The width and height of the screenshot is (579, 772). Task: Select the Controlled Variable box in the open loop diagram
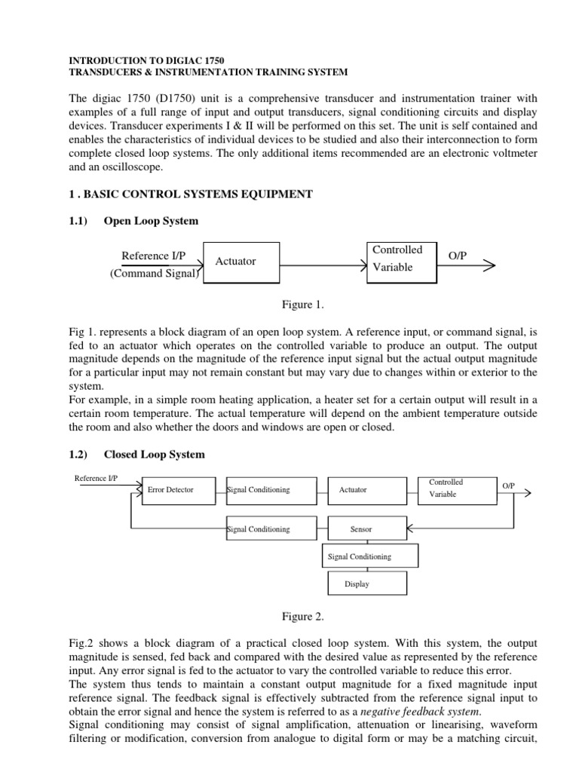coord(401,262)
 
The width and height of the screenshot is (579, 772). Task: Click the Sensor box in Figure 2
coord(361,529)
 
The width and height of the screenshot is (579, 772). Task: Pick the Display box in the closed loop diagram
coord(357,584)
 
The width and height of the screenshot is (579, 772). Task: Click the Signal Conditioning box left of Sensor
coord(269,529)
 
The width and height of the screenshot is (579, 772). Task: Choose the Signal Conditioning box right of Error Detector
coord(269,490)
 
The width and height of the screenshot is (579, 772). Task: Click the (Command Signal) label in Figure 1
coord(153,274)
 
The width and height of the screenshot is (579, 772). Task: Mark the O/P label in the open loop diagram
coord(458,256)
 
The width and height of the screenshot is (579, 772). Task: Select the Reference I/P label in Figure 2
coord(96,478)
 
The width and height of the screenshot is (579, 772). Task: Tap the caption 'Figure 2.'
coord(302,617)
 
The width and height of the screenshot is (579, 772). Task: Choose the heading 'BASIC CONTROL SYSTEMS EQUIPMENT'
coord(199,194)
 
